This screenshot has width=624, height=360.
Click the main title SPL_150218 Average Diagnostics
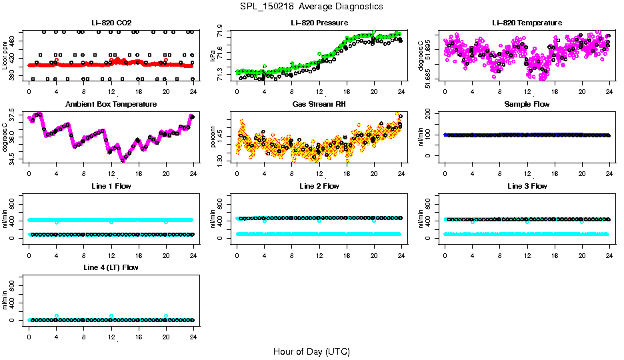(312, 6)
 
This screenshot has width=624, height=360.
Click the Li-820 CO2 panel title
(111, 23)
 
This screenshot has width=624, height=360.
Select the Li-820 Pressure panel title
(319, 23)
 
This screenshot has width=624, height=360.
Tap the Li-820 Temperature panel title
(527, 23)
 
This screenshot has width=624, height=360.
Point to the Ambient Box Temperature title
(111, 104)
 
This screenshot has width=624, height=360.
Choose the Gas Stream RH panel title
(319, 104)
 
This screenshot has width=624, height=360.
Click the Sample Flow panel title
(527, 104)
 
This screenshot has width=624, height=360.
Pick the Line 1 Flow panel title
(111, 186)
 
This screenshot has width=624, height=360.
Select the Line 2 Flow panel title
(319, 186)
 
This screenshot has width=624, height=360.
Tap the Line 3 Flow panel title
(527, 186)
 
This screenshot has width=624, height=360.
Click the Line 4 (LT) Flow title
(111, 267)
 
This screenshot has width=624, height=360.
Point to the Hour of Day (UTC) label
(311, 351)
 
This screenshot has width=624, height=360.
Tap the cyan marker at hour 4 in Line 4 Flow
(57, 316)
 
